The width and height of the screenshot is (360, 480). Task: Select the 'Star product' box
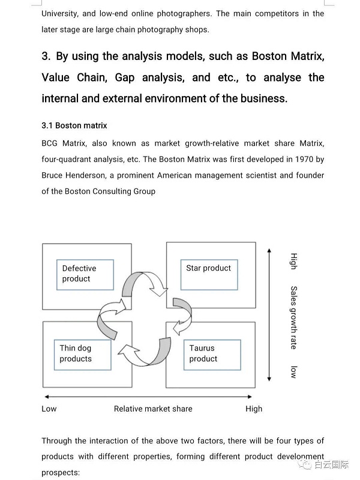point(208,274)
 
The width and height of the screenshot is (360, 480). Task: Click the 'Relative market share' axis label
point(153,409)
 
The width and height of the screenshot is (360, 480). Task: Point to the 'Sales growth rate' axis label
point(293,317)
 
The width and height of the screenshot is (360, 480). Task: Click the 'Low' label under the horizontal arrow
point(49,409)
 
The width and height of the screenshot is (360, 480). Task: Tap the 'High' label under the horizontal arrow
point(254,409)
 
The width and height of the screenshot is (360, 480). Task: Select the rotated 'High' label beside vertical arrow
point(293,261)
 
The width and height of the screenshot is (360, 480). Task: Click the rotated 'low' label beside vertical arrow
point(293,371)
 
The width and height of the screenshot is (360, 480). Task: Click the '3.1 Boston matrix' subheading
point(74,125)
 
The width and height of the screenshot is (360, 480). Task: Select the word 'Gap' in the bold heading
point(125,77)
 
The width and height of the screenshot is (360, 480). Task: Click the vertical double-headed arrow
point(269,315)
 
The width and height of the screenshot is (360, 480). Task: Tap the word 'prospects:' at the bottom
point(61,472)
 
